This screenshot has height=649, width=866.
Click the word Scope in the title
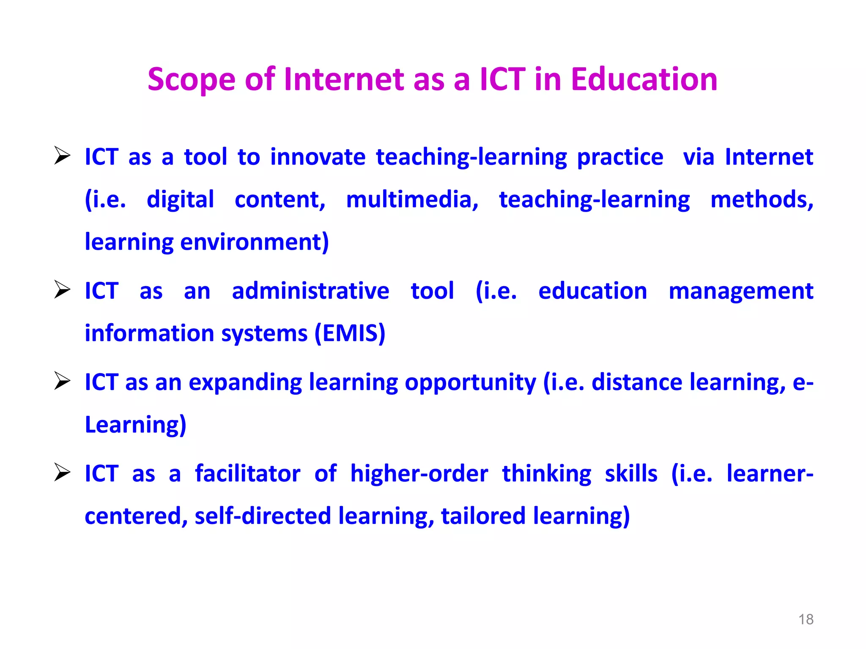[191, 79]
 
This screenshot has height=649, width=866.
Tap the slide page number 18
[806, 619]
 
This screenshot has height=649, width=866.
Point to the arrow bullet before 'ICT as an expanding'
[63, 381]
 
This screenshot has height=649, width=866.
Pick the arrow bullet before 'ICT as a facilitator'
[63, 472]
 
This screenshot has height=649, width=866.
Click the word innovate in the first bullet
[318, 157]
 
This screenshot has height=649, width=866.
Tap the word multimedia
[412, 199]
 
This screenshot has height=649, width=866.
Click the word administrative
[310, 291]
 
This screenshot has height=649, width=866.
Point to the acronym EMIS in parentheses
[350, 333]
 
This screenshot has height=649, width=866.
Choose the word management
[741, 292]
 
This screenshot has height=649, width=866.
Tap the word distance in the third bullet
[636, 382]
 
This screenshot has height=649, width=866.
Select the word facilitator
[247, 474]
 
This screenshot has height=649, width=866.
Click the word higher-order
[419, 474]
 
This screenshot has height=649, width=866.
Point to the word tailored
[483, 516]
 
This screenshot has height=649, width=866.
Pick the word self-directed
[263, 516]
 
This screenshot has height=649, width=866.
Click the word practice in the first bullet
[620, 157]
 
